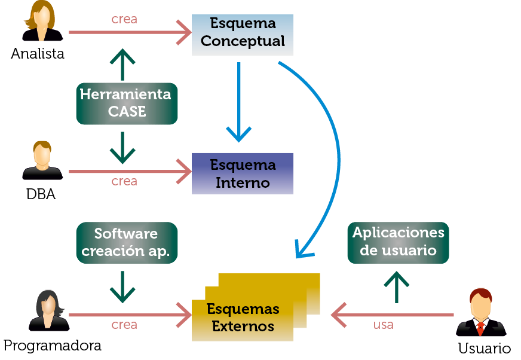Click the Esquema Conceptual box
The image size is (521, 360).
243,35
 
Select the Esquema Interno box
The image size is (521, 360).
243,173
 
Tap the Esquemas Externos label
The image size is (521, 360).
243,318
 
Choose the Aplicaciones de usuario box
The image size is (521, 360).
398,242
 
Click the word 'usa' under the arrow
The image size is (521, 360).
383,325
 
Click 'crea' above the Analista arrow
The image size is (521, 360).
124,19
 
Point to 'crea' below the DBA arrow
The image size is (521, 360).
124,181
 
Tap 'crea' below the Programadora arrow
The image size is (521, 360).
124,325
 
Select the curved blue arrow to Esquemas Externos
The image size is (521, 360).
335,150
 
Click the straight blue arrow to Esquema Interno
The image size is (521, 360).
239,102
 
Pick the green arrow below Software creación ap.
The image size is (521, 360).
122,286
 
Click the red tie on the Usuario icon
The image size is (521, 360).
480,328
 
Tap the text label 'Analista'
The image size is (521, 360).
38,54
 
